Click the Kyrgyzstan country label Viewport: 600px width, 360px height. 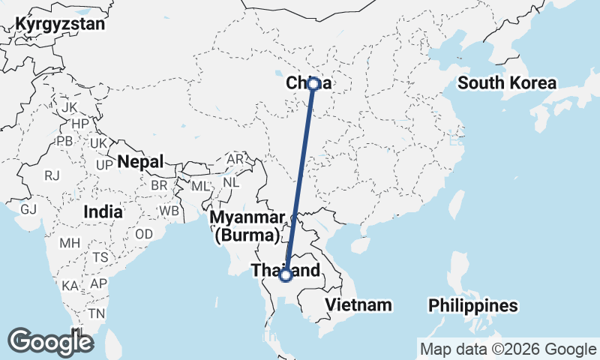click(60, 23)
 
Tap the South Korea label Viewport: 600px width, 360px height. click(507, 82)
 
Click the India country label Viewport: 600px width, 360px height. click(103, 211)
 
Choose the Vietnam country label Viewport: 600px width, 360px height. click(358, 304)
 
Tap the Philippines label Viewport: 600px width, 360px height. click(472, 305)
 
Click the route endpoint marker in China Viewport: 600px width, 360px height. click(313, 84)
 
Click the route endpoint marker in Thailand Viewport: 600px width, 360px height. click(285, 275)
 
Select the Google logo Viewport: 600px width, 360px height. click(50, 342)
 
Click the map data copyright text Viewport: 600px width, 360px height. click(507, 349)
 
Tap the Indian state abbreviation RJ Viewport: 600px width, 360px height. click(52, 175)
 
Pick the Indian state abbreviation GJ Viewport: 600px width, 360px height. click(28, 208)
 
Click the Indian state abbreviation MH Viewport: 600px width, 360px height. click(70, 243)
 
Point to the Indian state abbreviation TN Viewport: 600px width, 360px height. click(96, 313)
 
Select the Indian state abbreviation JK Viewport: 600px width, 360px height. click(70, 107)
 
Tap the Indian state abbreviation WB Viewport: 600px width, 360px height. click(169, 211)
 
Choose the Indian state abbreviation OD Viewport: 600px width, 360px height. click(144, 233)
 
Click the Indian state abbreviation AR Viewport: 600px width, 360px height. click(235, 160)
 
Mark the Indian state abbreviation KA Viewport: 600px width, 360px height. click(70, 286)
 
